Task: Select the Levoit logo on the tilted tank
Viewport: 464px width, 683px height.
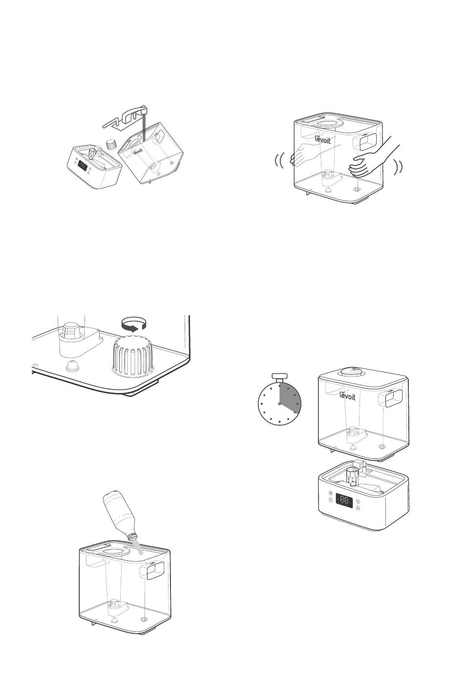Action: tap(138, 151)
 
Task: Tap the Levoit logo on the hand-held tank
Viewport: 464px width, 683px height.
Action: tap(323, 139)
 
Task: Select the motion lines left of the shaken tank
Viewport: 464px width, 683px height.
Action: tap(279, 161)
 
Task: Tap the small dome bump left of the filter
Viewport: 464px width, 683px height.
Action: tap(73, 365)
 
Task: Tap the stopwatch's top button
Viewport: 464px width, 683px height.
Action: tap(280, 375)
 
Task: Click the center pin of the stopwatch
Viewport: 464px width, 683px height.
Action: tap(279, 404)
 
